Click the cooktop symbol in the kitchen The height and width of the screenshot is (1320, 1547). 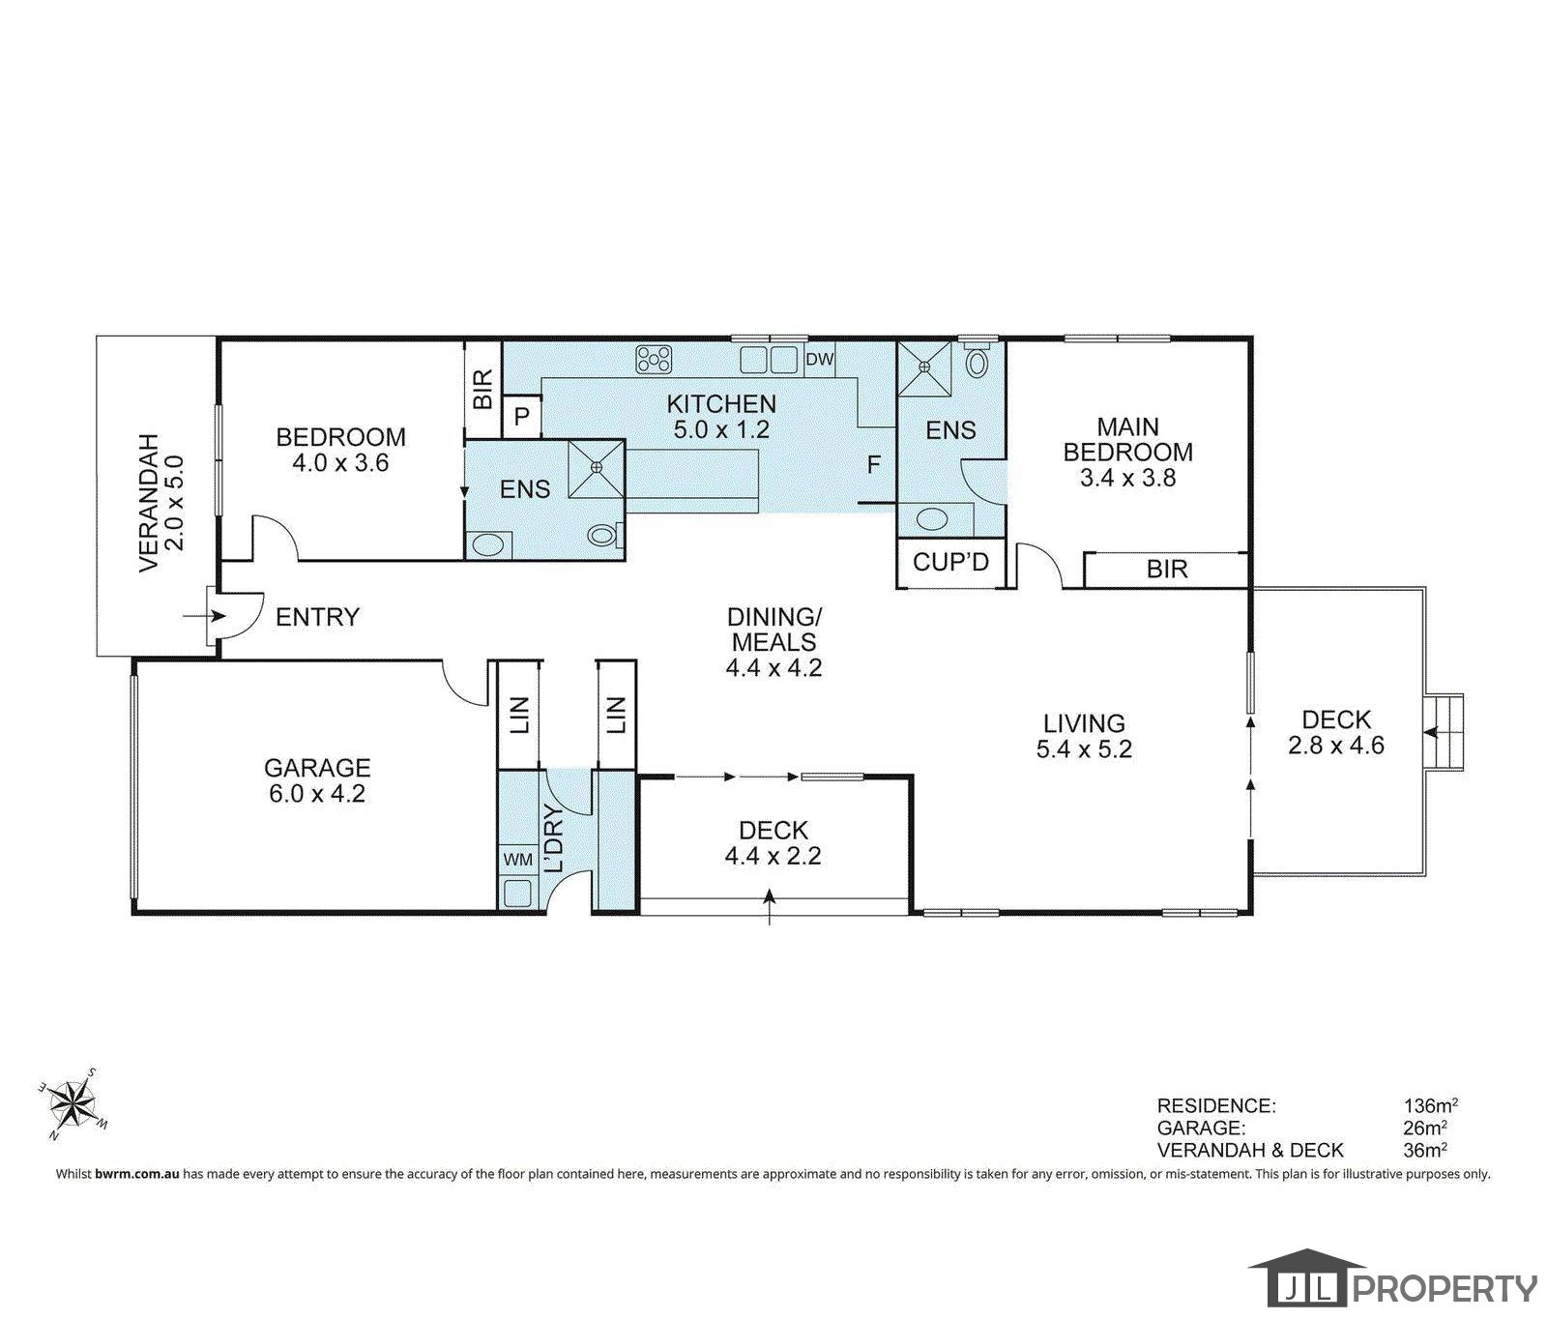[x=654, y=361]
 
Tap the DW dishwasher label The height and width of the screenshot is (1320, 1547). [x=819, y=360]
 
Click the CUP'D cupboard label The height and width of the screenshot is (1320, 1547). [x=951, y=562]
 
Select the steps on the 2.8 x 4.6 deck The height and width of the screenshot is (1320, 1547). [x=1445, y=732]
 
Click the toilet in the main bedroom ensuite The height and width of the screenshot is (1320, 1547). [x=978, y=363]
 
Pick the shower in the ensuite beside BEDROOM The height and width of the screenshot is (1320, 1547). [x=597, y=468]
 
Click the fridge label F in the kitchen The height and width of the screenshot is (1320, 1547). [x=874, y=465]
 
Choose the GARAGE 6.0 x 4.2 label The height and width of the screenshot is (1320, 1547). [x=317, y=780]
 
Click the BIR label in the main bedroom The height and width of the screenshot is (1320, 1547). [x=1166, y=569]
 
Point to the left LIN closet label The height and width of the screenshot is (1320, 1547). [x=519, y=715]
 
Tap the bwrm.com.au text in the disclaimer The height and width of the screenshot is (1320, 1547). [x=137, y=1174]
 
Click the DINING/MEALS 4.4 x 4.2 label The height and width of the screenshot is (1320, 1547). [x=773, y=641]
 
